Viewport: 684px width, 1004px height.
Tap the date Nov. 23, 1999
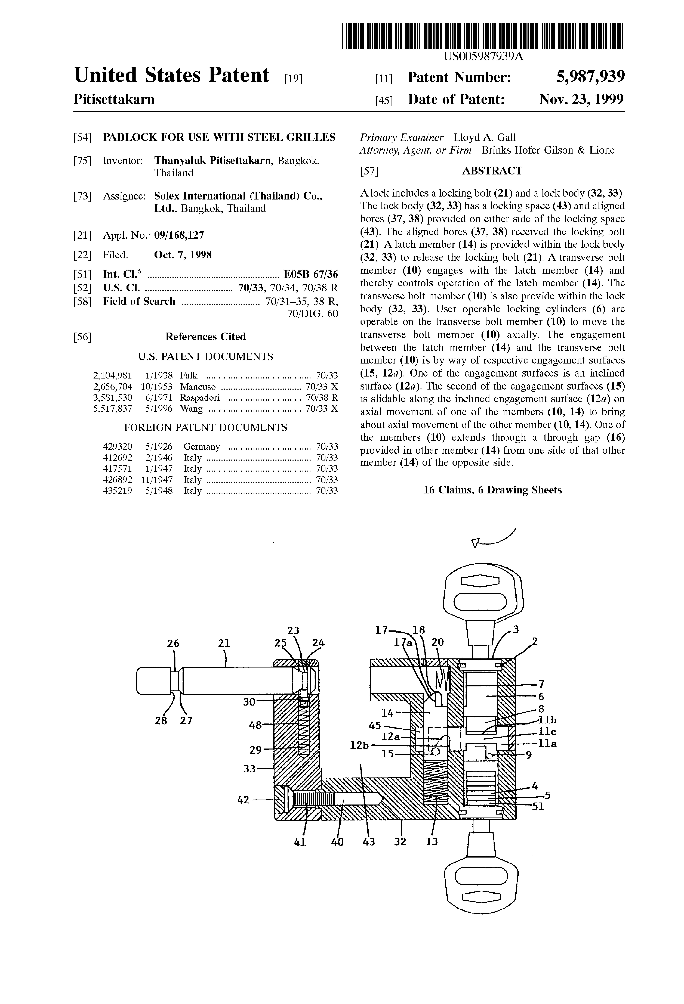tap(582, 100)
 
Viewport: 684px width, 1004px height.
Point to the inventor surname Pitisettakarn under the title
tap(114, 100)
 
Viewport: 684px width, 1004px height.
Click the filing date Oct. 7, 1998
tap(183, 255)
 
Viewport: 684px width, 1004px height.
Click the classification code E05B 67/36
tap(310, 275)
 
